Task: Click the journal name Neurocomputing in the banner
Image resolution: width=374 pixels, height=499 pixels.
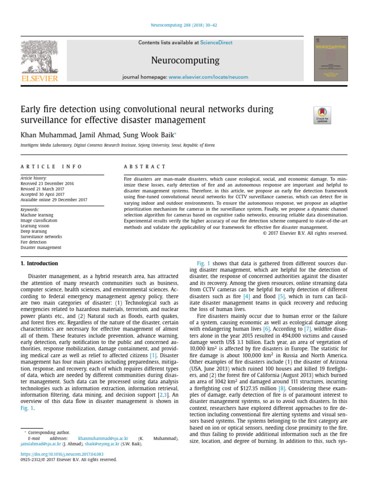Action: click(x=185, y=60)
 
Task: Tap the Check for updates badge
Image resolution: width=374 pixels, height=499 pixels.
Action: click(x=322, y=115)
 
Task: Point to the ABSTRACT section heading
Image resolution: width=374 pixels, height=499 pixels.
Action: click(x=145, y=167)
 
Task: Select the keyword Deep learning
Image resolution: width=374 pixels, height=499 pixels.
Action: click(x=34, y=231)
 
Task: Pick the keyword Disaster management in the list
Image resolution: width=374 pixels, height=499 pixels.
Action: click(x=41, y=248)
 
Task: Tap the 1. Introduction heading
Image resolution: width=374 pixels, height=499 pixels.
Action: click(x=39, y=264)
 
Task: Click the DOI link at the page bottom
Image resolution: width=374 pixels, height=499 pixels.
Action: click(x=58, y=454)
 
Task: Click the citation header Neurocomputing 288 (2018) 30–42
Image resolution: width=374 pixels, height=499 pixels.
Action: click(x=187, y=25)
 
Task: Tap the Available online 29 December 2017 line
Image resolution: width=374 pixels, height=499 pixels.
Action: click(x=54, y=199)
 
